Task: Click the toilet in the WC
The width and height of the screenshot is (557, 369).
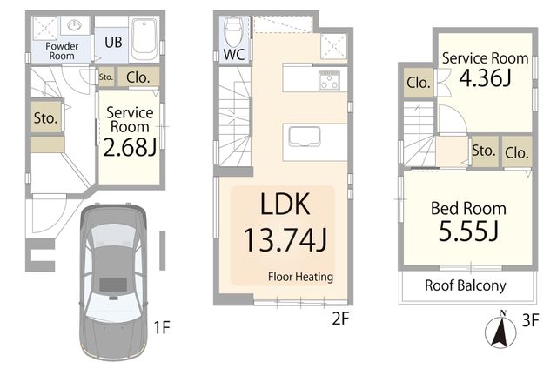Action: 233,31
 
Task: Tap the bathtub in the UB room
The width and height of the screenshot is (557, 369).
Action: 144,39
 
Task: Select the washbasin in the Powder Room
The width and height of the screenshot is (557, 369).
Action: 75,25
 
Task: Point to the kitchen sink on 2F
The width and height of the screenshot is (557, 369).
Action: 305,136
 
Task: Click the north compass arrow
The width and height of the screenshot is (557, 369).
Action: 501,328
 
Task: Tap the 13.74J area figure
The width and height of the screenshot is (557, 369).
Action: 285,240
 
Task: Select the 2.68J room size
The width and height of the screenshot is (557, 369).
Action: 130,147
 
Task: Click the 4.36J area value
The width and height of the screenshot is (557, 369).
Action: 486,77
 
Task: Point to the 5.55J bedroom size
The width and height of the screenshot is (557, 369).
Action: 468,231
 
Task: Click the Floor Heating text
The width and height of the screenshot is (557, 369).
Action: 300,277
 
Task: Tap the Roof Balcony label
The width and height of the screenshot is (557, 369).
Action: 466,285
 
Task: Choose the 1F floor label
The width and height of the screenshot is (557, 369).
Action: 162,327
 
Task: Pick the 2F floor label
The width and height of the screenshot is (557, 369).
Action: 340,319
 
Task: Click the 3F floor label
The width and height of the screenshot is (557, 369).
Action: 530,321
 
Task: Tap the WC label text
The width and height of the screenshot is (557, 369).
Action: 234,55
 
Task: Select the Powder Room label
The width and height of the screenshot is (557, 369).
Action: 62,51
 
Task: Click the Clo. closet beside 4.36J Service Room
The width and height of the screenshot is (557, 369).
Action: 419,83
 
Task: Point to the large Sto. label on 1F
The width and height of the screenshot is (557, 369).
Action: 46,117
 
